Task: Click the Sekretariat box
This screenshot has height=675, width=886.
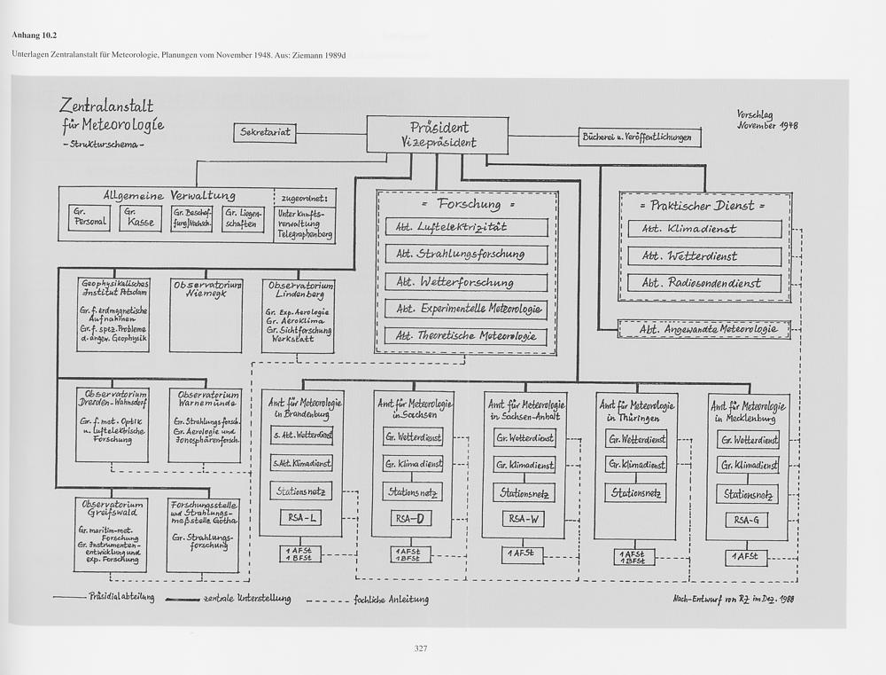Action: tap(264, 133)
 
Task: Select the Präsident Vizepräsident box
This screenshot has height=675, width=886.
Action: tap(438, 134)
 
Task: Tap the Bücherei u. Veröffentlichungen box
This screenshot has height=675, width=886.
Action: tap(641, 137)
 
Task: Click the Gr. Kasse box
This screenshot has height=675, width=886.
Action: tap(142, 218)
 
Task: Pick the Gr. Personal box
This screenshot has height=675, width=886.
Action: tap(89, 218)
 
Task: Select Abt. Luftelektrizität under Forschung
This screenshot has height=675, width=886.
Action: tap(465, 227)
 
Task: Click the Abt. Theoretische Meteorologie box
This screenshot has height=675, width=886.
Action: tap(465, 337)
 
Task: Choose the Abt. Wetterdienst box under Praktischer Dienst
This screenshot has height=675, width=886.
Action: tap(705, 256)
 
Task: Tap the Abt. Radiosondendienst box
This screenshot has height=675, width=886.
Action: tap(705, 284)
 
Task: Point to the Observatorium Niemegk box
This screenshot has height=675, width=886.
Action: tap(206, 315)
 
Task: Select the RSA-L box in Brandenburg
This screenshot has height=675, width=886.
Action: tap(300, 517)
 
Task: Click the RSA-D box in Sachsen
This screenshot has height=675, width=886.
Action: tap(411, 518)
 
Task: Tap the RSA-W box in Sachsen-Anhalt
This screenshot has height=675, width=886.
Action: tap(524, 519)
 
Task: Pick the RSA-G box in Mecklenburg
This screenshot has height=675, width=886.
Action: tap(747, 520)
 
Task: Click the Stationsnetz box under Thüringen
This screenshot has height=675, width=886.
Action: tap(635, 493)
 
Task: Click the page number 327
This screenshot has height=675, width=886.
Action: tap(422, 649)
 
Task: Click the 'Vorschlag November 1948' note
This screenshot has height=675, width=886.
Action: tap(767, 120)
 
